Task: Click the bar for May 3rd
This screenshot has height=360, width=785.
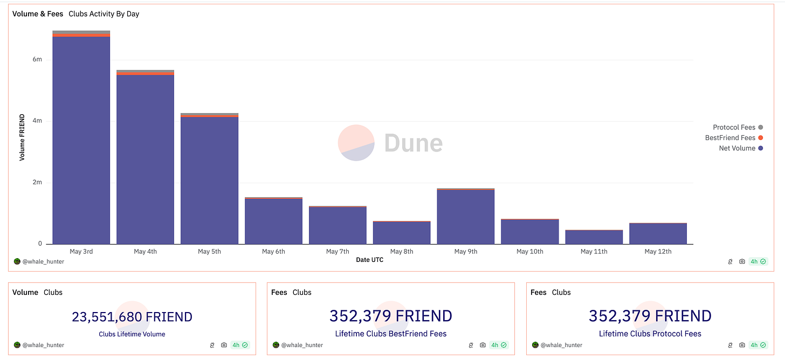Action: click(x=81, y=140)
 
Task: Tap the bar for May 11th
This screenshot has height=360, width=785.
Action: click(x=594, y=237)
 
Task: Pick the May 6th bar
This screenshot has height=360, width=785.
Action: click(x=273, y=221)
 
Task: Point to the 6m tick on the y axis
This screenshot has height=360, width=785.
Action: click(x=37, y=60)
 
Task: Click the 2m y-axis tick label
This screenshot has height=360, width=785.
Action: click(x=37, y=183)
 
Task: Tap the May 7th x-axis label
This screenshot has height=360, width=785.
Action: click(x=338, y=252)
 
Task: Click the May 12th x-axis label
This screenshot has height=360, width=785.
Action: click(x=658, y=252)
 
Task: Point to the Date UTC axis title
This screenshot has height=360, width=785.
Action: click(x=370, y=260)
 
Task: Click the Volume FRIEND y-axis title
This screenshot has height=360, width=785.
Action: click(x=22, y=137)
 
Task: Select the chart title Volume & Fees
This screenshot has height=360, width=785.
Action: click(x=38, y=14)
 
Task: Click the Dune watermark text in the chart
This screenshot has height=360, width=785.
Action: click(x=413, y=143)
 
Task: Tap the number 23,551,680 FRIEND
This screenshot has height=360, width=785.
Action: click(x=132, y=317)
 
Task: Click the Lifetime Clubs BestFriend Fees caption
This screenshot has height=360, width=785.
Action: click(x=391, y=334)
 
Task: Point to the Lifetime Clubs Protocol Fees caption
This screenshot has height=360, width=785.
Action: click(x=650, y=334)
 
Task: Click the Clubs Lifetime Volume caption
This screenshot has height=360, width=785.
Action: click(x=132, y=334)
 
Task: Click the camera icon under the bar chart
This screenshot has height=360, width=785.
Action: click(x=742, y=261)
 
